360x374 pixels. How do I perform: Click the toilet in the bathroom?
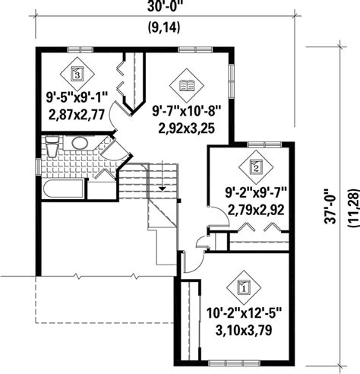(x=51, y=146)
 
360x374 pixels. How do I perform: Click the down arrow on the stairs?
(x=162, y=187)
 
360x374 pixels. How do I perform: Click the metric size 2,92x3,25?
(x=187, y=128)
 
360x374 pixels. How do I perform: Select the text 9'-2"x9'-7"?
(x=255, y=190)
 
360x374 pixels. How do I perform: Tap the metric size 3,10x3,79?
(x=243, y=331)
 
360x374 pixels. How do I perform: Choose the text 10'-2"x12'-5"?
(x=243, y=312)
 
